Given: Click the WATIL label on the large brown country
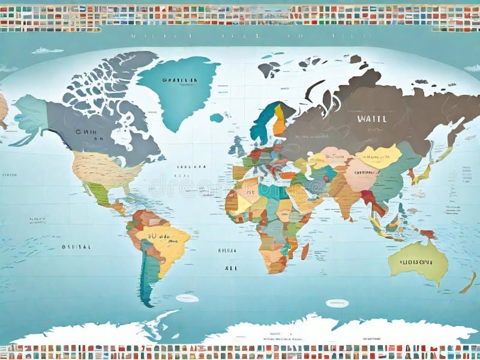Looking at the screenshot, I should point(371,118).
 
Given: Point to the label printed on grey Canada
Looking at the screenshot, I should point(87,130).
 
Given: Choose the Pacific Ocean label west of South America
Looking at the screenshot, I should point(76,247).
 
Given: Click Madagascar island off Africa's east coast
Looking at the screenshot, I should point(305,251).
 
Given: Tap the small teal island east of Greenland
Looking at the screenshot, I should point(217,118).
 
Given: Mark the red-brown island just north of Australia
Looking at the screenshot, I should point(428,234).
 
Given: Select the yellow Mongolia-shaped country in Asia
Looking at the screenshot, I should point(379,156).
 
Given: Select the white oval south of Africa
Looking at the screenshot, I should point(337,303).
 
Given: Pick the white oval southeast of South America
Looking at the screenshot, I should point(187,298).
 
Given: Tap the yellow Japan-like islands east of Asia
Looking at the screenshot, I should point(422,175).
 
